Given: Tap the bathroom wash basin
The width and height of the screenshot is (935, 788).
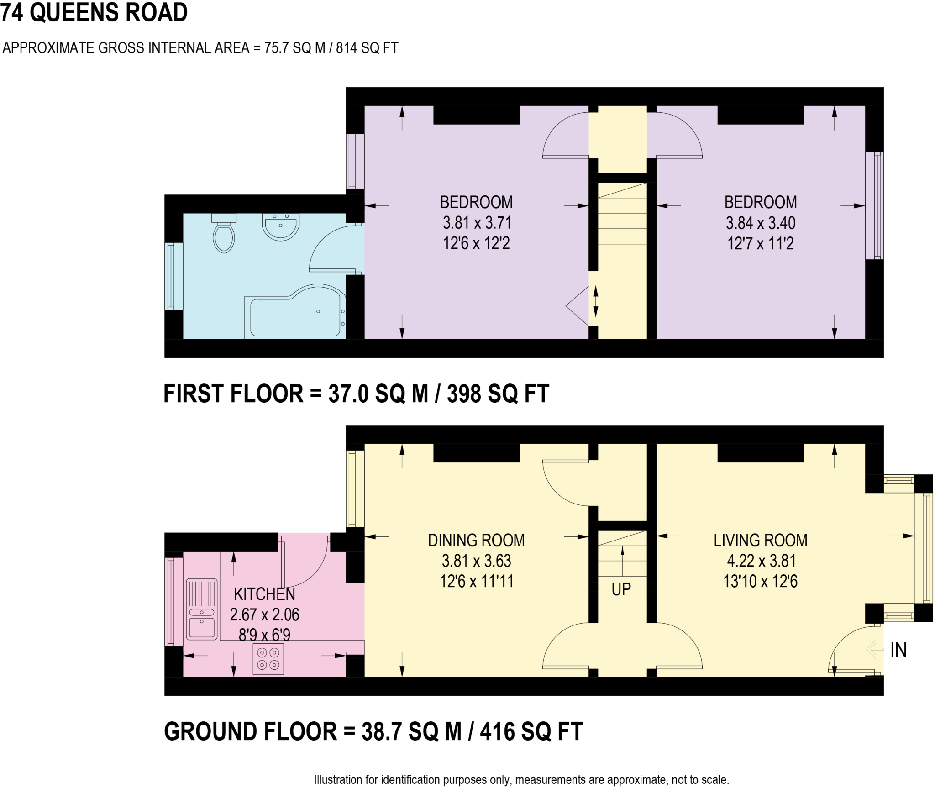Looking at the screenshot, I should (280, 226).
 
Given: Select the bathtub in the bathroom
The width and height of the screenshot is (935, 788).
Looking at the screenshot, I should (294, 313).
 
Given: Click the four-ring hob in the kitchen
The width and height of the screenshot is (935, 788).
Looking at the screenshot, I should (268, 659).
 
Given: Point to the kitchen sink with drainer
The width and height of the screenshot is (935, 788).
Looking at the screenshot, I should (201, 609).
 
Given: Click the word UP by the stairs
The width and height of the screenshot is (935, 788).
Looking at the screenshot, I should (621, 589).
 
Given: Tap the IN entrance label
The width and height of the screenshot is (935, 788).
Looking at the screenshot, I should (898, 650).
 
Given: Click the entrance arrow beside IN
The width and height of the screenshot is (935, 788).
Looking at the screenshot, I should (874, 649).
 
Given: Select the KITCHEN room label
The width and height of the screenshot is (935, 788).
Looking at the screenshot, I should (264, 594).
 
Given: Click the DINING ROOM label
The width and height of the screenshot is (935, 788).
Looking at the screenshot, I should (476, 541).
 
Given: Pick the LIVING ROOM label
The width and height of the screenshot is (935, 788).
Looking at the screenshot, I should (760, 541).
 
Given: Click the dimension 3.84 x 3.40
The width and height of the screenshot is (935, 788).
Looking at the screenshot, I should (760, 223).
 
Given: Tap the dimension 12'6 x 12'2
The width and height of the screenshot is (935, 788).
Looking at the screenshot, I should (476, 243).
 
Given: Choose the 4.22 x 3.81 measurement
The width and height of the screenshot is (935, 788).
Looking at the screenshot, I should (760, 561).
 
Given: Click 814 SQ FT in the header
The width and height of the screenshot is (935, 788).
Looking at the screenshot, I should (367, 48).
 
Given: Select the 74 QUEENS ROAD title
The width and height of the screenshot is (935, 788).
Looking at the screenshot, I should (94, 12).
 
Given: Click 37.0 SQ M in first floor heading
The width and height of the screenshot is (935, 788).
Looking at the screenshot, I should (378, 394).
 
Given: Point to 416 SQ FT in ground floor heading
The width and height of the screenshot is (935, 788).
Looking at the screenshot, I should (531, 731).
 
